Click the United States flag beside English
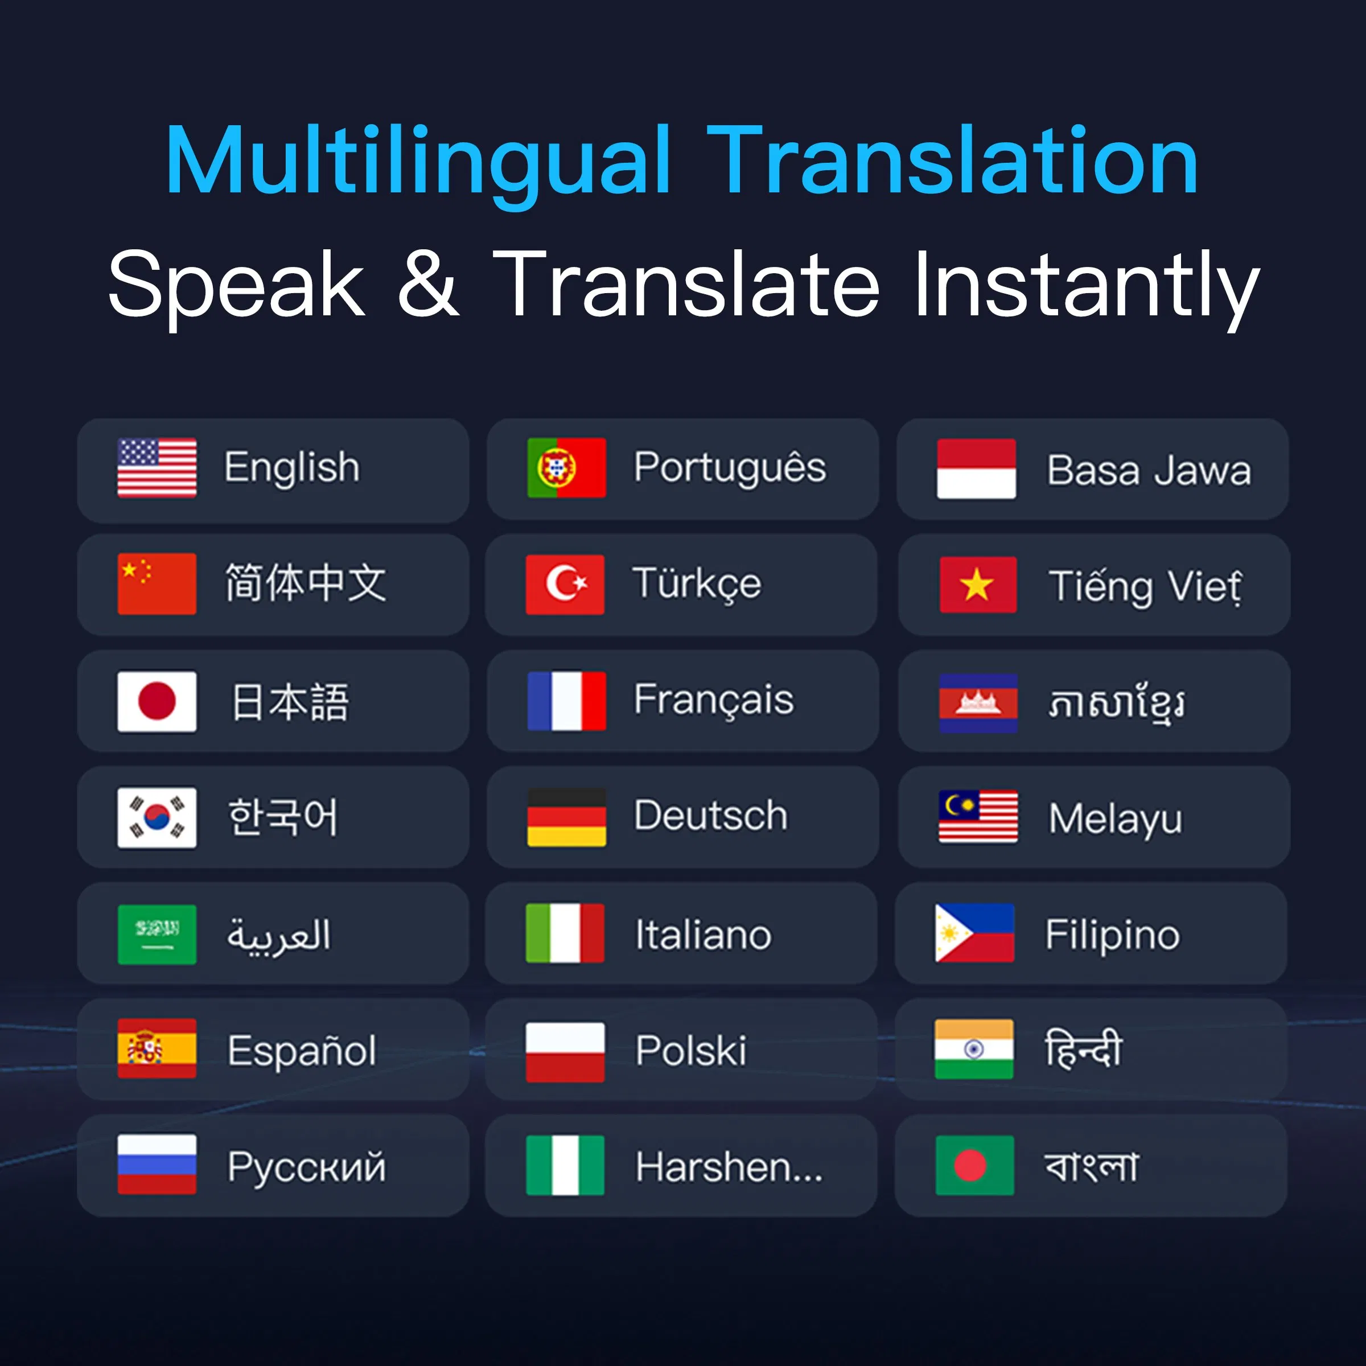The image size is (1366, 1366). coord(157,467)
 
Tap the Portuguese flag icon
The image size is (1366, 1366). coord(566,467)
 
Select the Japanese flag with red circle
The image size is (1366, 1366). coord(157,701)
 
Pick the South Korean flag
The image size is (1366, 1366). coord(157,817)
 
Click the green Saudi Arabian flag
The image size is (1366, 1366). coord(157,934)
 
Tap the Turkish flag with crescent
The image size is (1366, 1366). coord(565,584)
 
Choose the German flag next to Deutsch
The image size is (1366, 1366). coord(566,817)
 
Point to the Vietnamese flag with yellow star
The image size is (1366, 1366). coord(978,585)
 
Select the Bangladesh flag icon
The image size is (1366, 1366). coord(974,1165)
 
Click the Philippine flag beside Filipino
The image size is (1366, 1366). coord(974,933)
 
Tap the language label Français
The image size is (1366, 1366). coord(713,700)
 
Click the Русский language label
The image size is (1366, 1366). coord(306,1167)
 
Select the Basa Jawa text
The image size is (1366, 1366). coord(1149,470)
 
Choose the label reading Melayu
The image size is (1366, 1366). coord(1115,819)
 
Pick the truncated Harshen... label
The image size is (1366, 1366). coord(729,1167)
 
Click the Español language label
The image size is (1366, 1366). coord(301,1050)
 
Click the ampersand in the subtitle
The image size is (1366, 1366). coord(429,284)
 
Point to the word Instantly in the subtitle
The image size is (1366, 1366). coord(1086,284)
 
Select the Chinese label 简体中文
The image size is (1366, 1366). coord(306,583)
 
